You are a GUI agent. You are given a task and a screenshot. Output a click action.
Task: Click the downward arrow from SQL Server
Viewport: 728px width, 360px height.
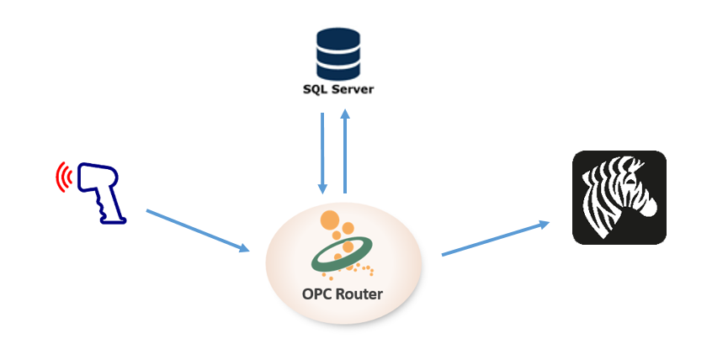[322, 151]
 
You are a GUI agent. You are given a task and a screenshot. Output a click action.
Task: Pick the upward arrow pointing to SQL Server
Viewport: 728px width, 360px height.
[344, 151]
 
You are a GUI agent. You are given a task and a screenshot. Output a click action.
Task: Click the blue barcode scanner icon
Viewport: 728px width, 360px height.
[99, 191]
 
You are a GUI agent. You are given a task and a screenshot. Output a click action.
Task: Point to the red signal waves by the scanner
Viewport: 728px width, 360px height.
[62, 177]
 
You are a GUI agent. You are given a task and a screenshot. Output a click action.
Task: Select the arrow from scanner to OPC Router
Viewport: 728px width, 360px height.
[198, 230]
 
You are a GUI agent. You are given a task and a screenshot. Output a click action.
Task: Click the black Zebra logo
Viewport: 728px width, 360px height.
[619, 198]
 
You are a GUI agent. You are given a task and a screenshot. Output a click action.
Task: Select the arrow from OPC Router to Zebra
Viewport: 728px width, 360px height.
[495, 238]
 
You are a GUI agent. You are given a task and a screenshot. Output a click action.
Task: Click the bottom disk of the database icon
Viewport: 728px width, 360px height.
[337, 70]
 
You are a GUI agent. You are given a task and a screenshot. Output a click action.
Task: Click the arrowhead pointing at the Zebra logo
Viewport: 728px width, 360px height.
[544, 224]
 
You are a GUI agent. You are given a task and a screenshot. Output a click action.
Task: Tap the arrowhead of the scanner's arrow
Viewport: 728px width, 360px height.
[245, 249]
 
